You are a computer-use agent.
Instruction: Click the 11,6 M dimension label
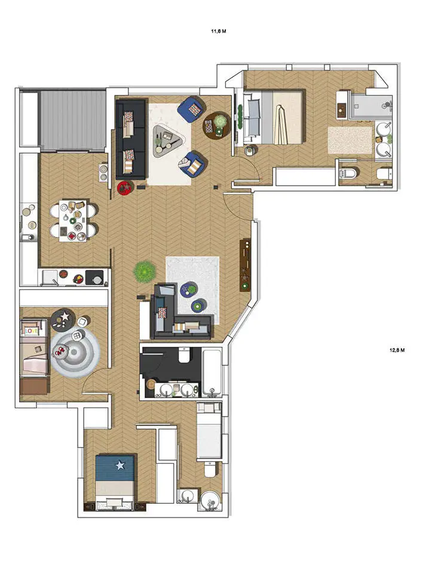[x=219, y=32]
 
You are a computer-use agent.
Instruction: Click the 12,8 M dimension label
[x=397, y=350]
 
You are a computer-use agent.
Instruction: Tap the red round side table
[x=124, y=187]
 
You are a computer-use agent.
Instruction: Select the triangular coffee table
[x=167, y=141]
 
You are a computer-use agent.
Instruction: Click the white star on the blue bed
[x=120, y=465]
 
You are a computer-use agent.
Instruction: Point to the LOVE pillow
[x=32, y=331]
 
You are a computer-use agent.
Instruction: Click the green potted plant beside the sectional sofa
[x=144, y=272]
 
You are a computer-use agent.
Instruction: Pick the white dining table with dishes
[x=73, y=221]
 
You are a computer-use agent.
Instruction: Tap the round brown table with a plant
[x=216, y=125]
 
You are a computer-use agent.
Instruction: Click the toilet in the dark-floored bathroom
[x=184, y=354]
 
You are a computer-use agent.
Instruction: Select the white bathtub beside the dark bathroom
[x=212, y=372]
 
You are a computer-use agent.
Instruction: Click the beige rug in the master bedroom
[x=350, y=140]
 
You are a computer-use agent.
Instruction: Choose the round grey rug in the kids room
[x=75, y=352]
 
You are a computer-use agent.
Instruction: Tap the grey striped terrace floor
[x=73, y=121]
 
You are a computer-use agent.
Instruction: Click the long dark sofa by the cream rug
[x=130, y=140]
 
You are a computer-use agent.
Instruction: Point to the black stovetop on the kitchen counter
[x=94, y=278]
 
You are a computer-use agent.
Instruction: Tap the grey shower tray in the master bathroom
[x=370, y=106]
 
